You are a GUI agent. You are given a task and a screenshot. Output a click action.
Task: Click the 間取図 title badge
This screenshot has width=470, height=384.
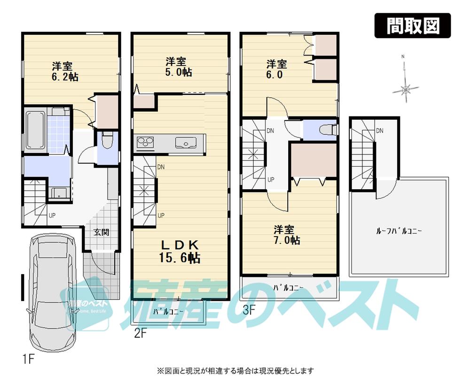pyautogui.click(x=412, y=26)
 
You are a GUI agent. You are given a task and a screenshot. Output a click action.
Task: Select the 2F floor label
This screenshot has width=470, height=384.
pyautogui.click(x=141, y=334)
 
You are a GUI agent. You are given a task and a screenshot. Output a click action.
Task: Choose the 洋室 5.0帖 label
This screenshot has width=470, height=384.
pyautogui.click(x=178, y=66)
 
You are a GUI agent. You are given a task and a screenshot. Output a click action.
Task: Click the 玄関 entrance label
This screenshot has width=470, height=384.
pyautogui.click(x=100, y=232)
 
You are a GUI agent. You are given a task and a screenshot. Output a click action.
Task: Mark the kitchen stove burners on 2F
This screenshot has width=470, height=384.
pyautogui.click(x=146, y=141)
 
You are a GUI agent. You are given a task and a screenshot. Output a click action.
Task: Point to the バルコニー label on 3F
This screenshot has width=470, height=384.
pyautogui.click(x=289, y=287)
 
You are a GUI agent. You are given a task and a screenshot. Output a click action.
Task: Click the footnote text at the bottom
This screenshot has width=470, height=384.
pyautogui.click(x=235, y=371)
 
